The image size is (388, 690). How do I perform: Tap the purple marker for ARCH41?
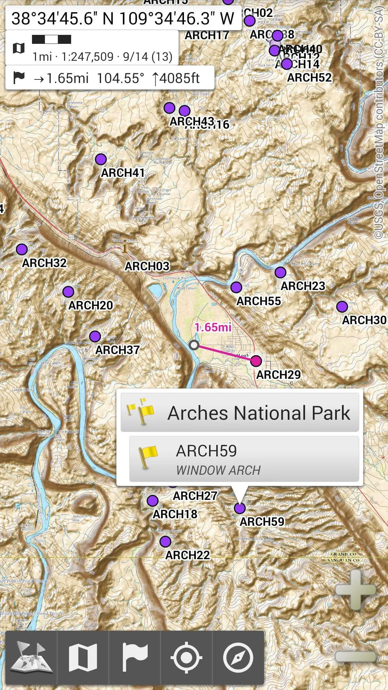[x=101, y=159]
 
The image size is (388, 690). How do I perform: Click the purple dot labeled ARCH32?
[x=22, y=249]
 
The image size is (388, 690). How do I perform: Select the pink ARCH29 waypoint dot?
[x=256, y=361]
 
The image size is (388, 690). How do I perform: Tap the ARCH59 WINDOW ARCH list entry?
[x=244, y=459]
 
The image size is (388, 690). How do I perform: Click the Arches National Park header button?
[x=240, y=413]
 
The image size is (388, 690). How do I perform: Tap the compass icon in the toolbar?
[x=238, y=657]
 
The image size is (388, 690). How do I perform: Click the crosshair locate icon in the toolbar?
[x=186, y=657]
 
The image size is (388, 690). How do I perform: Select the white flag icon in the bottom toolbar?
[x=135, y=657]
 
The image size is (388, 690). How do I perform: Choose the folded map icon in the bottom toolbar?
[x=83, y=657]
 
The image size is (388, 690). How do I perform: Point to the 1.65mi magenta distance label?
[x=213, y=327]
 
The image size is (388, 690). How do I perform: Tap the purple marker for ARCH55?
[x=236, y=287]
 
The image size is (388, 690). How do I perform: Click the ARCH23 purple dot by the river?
[x=280, y=272]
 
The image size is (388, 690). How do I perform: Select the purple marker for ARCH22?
[x=165, y=541]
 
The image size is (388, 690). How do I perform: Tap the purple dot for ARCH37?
[x=95, y=336]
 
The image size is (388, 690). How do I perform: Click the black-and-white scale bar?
[x=51, y=39]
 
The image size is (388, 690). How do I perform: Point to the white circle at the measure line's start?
[x=194, y=345]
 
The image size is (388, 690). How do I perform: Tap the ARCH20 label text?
[x=91, y=305]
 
